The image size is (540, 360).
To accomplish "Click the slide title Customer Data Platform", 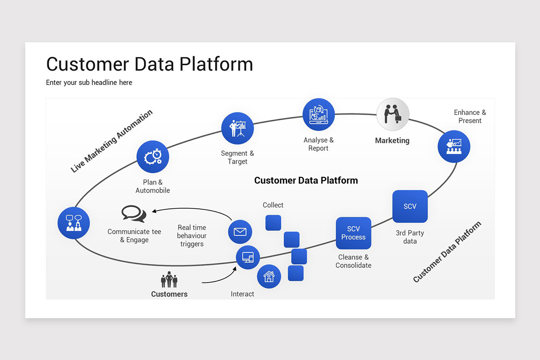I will click(149, 64).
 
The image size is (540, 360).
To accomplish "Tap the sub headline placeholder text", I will click(89, 82).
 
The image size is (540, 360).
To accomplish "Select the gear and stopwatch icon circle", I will click(153, 157).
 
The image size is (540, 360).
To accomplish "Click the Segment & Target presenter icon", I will click(238, 128).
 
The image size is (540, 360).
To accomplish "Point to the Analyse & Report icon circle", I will click(319, 115).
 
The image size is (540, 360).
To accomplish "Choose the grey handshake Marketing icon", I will click(393, 114).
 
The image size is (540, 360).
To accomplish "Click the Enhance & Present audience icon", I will click(454, 146).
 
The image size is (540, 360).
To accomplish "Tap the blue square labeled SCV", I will click(410, 207).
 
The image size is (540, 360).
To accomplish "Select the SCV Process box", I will click(353, 233).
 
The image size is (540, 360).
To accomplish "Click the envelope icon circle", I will click(240, 232).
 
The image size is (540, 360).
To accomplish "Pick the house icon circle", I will click(269, 276).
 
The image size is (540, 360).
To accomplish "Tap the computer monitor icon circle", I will click(248, 257).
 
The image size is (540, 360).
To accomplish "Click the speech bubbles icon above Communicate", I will click(134, 214).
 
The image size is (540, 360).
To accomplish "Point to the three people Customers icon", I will click(169, 280).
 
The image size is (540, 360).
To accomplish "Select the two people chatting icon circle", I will click(74, 223).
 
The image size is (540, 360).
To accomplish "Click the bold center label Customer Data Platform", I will click(306, 180).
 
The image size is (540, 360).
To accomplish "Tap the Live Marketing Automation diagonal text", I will click(112, 141).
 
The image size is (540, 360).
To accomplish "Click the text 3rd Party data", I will click(410, 237).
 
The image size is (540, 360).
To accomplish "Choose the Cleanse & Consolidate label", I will click(353, 261).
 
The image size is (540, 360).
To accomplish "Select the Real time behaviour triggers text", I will click(192, 236).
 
